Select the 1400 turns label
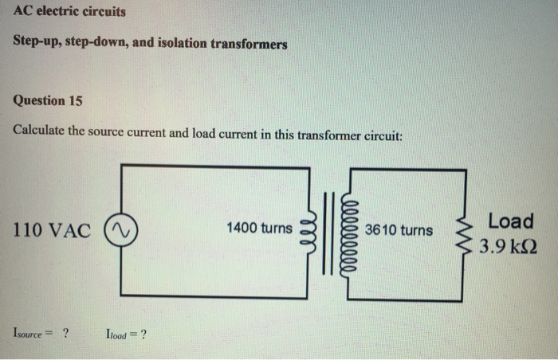259,229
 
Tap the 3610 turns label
399,230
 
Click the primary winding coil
309,232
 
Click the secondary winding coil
346,232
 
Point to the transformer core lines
328,232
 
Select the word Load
510,220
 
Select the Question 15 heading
48,100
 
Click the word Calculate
38,131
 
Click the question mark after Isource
65,334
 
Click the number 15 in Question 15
74,100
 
